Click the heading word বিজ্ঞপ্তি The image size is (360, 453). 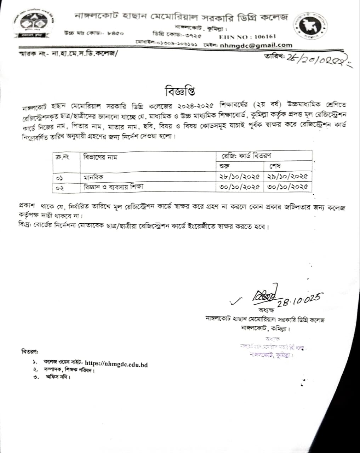180,91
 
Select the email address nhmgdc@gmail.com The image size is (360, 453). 256,45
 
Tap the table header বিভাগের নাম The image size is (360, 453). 100,156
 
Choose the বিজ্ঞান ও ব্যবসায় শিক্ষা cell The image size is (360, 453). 113,186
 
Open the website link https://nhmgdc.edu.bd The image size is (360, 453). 116,363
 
